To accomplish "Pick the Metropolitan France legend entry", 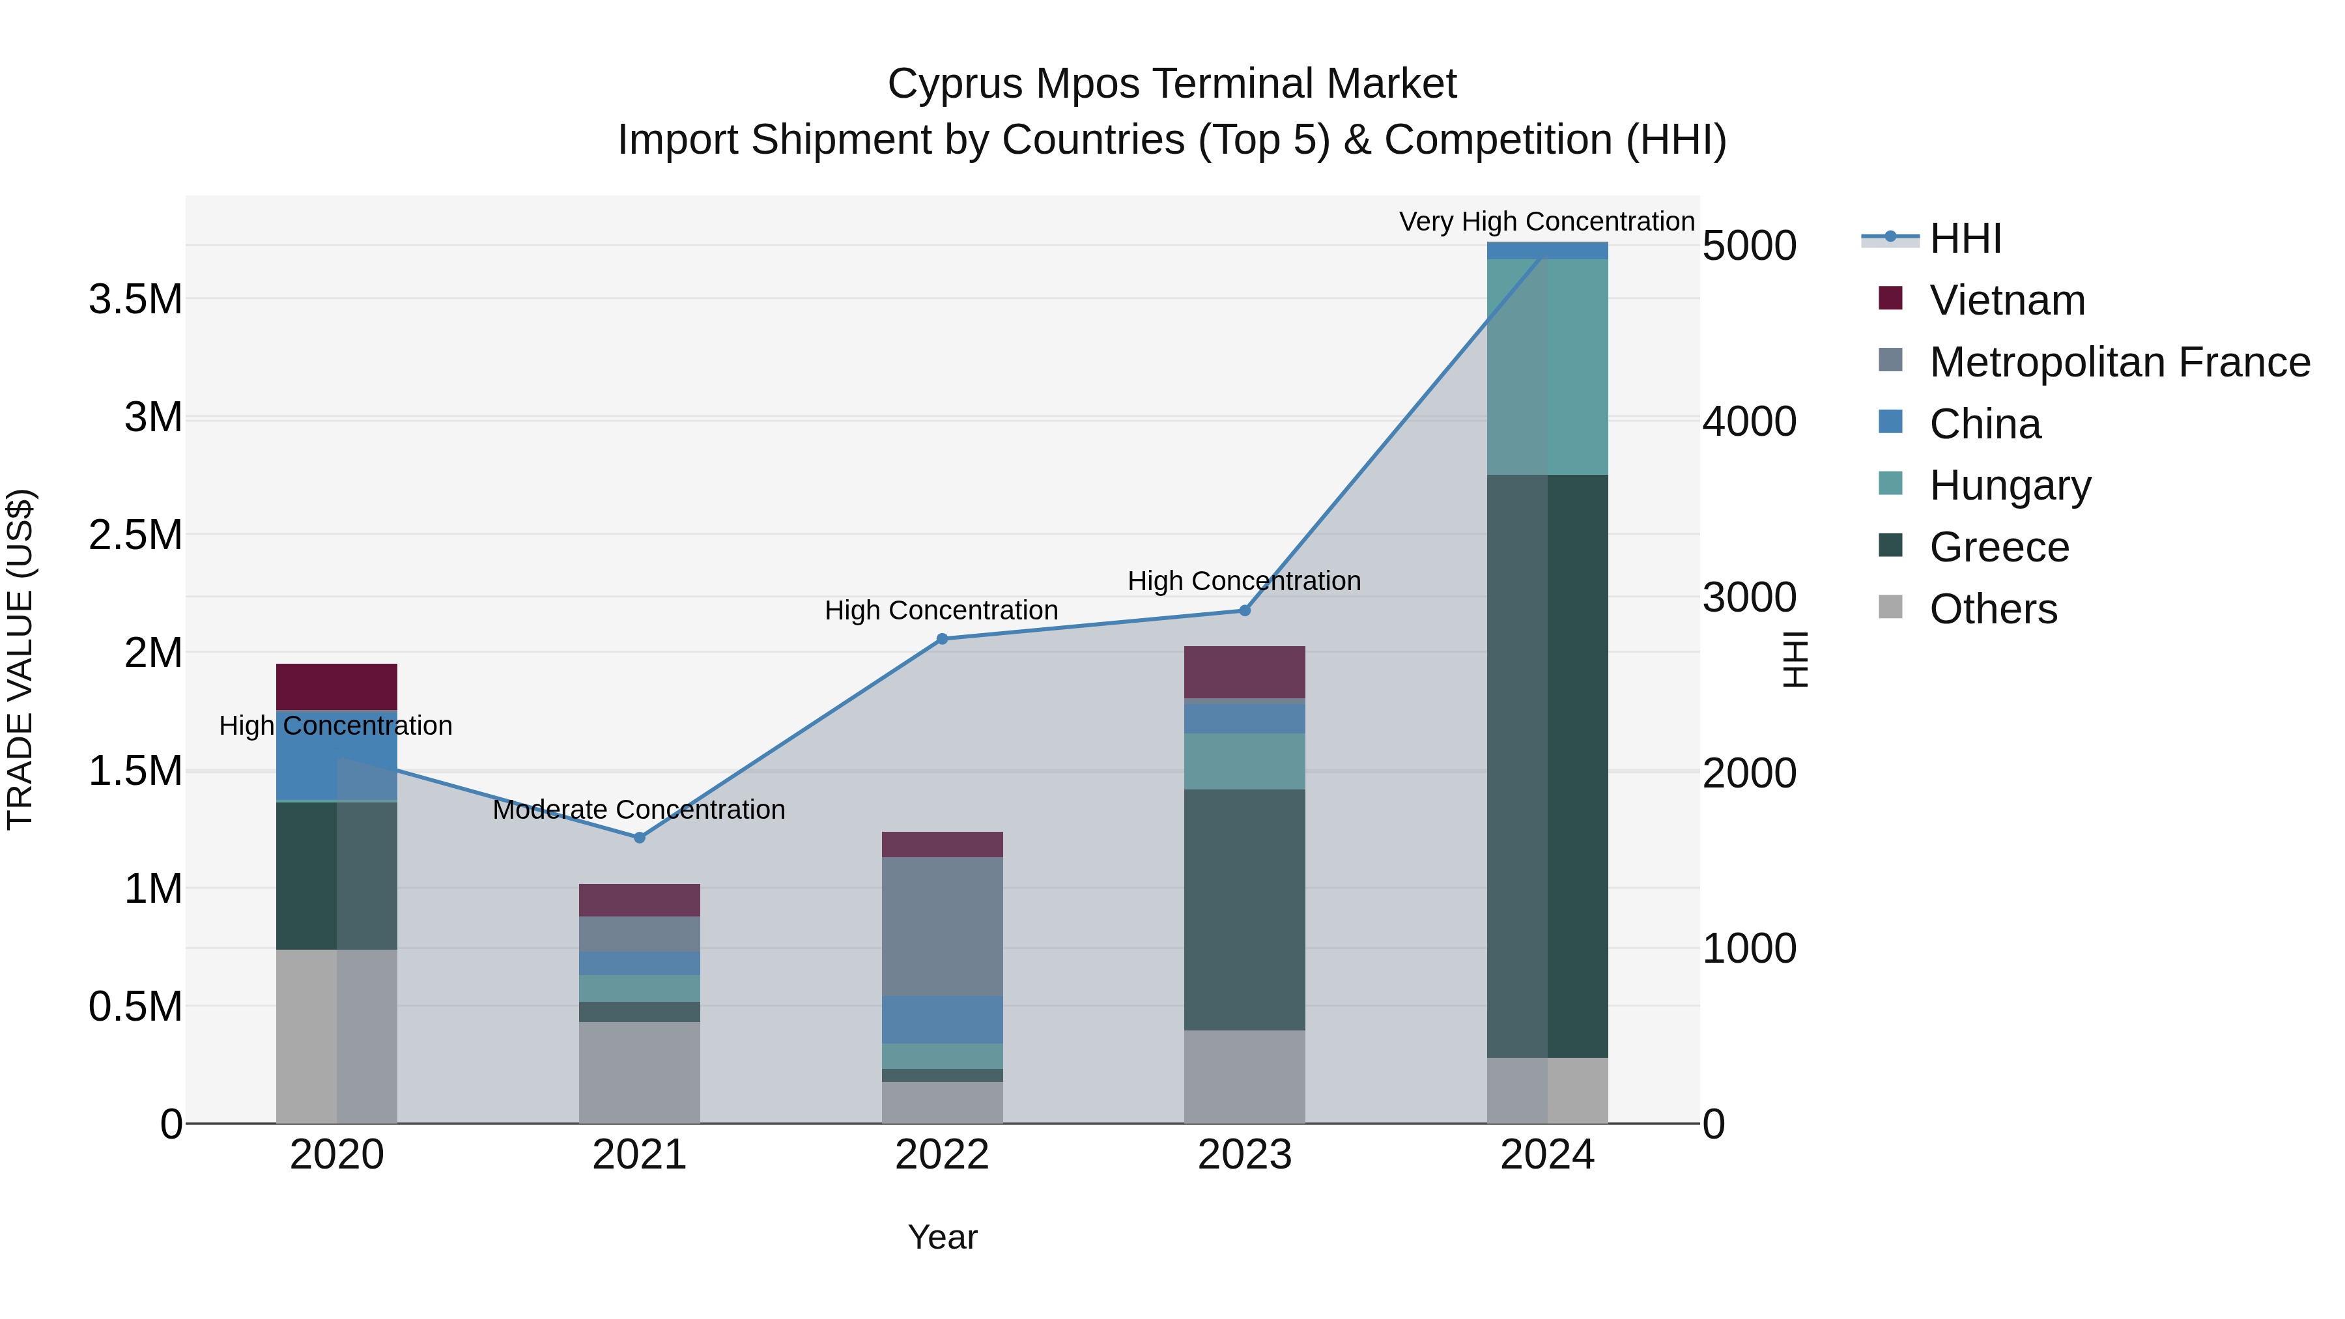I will tap(2119, 362).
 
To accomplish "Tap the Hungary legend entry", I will tap(2010, 485).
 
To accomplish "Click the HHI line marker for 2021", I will tap(639, 838).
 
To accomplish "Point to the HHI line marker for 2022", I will tap(942, 639).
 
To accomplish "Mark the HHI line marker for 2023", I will tap(1244, 611).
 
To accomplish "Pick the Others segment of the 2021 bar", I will tap(639, 1072).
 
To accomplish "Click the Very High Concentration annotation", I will tap(1546, 221).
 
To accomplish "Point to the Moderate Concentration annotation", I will tap(638, 809).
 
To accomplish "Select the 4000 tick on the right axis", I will tap(1749, 421).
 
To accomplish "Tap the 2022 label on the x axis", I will tap(942, 1155).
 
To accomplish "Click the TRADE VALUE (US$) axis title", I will tap(20, 659).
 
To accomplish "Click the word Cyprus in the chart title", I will tap(955, 84).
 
